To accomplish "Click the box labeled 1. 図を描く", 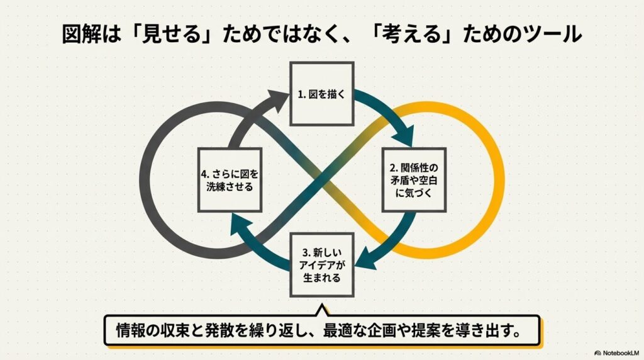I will (x=321, y=94).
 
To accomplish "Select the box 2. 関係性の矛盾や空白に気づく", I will (x=414, y=180).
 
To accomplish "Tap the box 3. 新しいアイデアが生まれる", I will (x=321, y=264).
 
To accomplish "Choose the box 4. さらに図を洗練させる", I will (x=229, y=180).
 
